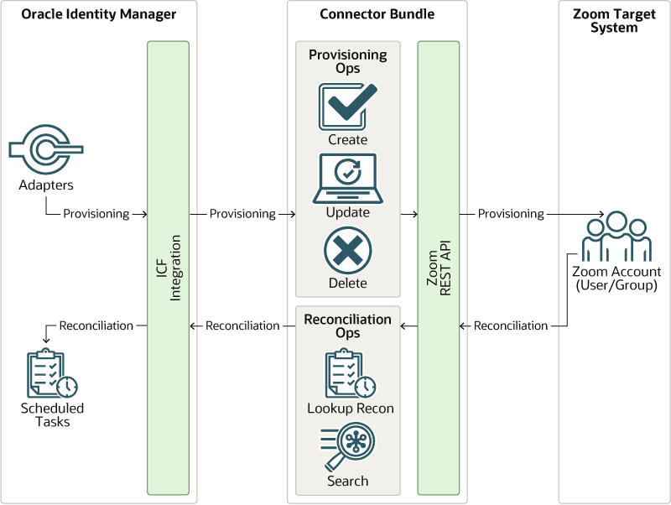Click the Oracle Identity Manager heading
[x=99, y=14]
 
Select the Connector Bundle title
[x=377, y=14]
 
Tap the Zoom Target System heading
[x=616, y=21]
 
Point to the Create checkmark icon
[x=347, y=107]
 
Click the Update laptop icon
[x=347, y=178]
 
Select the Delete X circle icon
[x=347, y=251]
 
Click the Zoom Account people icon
[x=616, y=238]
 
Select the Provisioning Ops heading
[x=348, y=61]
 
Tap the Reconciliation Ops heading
[x=348, y=326]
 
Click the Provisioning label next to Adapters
[x=96, y=214]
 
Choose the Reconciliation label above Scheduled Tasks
[x=96, y=325]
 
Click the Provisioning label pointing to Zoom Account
[x=511, y=214]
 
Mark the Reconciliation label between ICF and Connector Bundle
[x=242, y=325]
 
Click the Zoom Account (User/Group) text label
[x=616, y=279]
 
